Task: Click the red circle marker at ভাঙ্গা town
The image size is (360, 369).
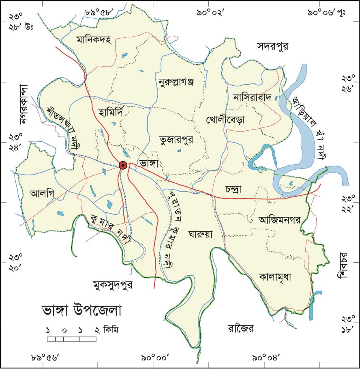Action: point(123,165)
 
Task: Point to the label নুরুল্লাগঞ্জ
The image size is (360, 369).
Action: point(176,83)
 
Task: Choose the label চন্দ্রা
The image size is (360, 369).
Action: point(236,190)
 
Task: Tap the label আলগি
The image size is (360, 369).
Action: point(42,193)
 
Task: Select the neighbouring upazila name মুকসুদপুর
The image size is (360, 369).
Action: point(113,285)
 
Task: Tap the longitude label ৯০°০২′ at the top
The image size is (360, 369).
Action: point(211,13)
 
